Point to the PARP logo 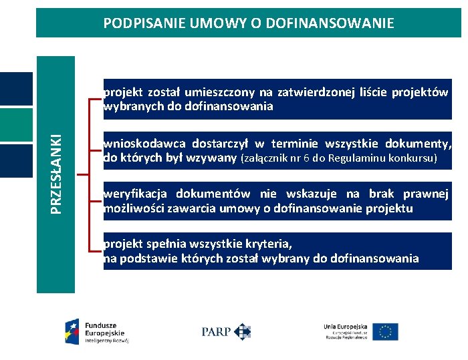click(226, 331)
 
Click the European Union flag click(385, 332)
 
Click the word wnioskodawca click(143, 144)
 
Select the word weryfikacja click(136, 194)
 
